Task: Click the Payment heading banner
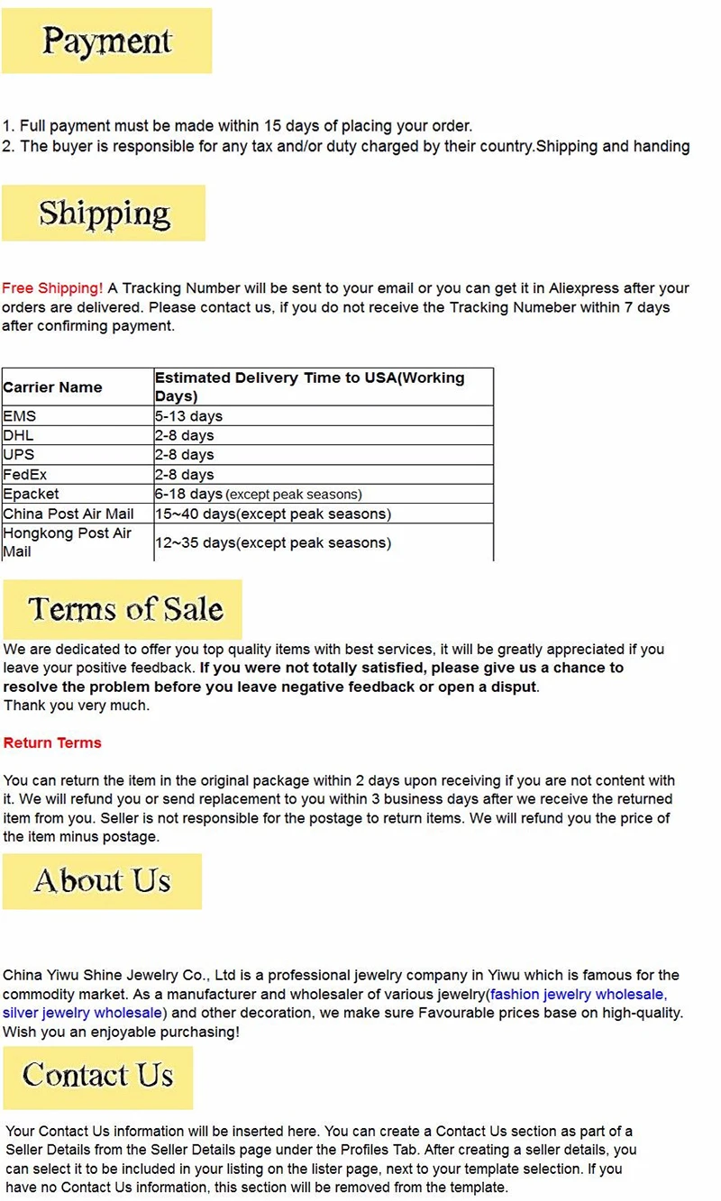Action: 106,41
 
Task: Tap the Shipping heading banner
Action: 104,214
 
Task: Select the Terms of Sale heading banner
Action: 123,609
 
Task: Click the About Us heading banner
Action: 102,880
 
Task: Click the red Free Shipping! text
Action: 52,288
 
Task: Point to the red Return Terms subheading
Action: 52,742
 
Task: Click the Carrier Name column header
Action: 52,387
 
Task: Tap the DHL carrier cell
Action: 18,435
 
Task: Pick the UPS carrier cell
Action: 18,454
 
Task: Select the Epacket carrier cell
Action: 31,494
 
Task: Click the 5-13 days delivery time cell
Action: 188,416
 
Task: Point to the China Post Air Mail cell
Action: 68,514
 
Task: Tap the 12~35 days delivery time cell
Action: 272,542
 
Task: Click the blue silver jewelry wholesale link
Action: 82,1013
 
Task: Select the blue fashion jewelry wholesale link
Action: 577,994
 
